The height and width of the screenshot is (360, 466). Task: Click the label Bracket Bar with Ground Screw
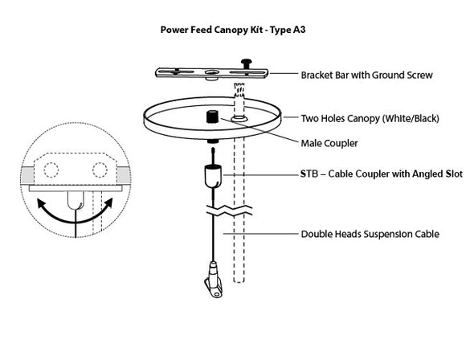coord(366,76)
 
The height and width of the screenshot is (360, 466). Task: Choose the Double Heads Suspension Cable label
coord(370,235)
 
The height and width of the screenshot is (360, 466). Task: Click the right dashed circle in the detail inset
coord(100,170)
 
